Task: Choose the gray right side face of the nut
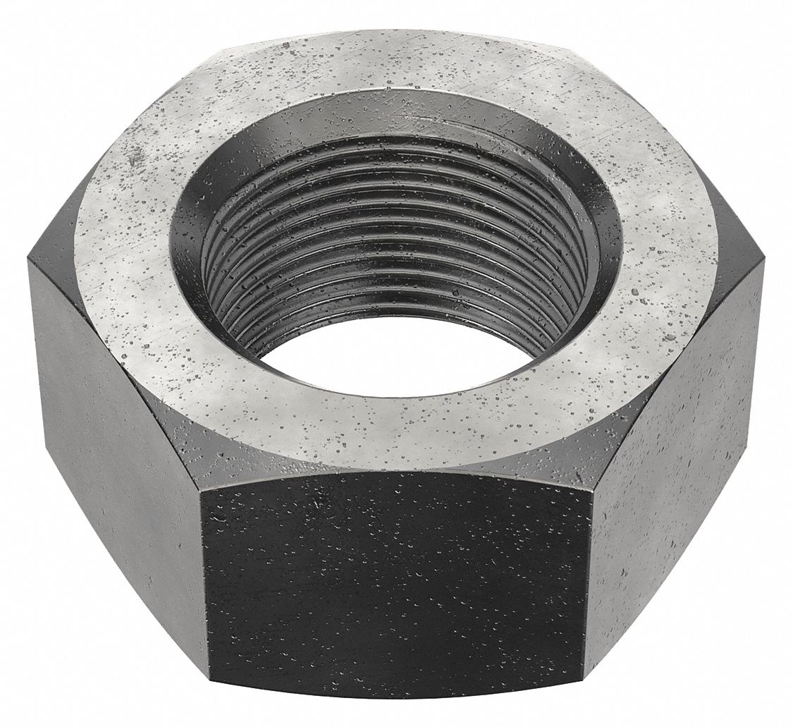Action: pyautogui.click(x=677, y=437)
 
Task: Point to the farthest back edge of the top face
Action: pyautogui.click(x=395, y=32)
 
